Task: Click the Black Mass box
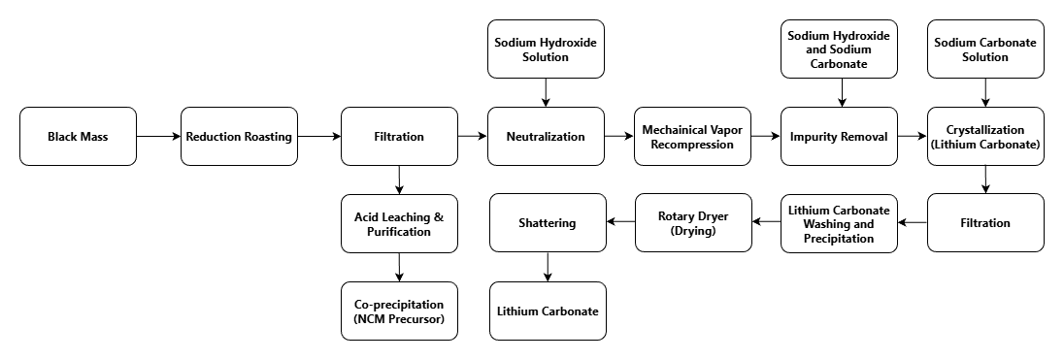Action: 78,136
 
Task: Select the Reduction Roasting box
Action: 239,136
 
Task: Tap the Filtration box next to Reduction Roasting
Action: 399,136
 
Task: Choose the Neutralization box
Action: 546,136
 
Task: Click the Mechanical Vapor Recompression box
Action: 693,136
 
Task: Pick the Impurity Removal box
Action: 840,136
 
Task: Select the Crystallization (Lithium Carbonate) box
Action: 986,136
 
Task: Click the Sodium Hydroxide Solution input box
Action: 546,49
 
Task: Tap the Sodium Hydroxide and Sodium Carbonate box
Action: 840,49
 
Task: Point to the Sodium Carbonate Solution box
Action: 986,49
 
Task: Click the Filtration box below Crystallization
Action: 986,223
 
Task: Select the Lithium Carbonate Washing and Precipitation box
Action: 840,223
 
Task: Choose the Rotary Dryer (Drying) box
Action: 693,223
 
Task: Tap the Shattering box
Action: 548,223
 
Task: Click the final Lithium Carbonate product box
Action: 548,311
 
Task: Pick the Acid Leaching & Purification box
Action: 399,223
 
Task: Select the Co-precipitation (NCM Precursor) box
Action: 399,311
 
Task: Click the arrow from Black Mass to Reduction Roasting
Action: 158,136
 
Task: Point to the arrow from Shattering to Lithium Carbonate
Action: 548,267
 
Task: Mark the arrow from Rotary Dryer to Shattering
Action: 620,223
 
